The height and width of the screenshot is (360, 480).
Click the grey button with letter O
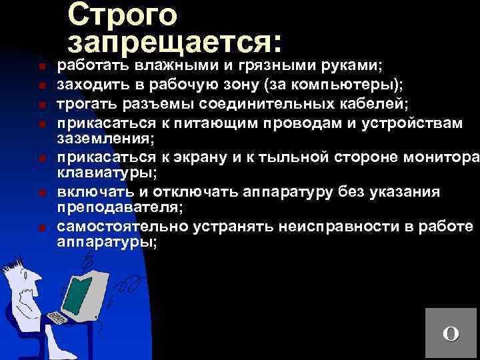click(x=451, y=333)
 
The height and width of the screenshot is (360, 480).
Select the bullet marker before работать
click(x=41, y=67)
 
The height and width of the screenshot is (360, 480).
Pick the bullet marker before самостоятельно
click(x=41, y=228)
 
